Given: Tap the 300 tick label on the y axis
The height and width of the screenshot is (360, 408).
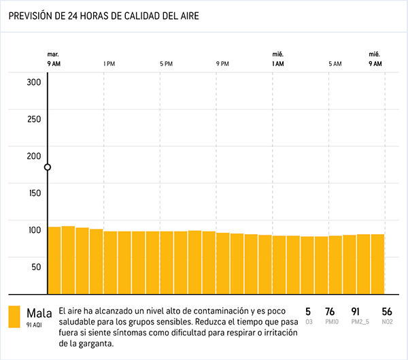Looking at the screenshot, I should click(34, 82).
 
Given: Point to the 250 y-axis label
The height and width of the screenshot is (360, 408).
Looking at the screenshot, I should click(34, 119).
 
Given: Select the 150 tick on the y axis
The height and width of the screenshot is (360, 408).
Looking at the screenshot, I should click(34, 193).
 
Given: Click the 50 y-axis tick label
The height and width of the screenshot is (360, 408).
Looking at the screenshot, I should click(36, 266).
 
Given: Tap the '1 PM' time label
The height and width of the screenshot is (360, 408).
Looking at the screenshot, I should click(108, 64).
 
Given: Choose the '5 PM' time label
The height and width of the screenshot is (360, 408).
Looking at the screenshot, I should click(166, 64).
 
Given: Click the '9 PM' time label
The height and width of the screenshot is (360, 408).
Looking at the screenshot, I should click(222, 64).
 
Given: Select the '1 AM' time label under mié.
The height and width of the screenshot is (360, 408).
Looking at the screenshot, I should click(277, 64).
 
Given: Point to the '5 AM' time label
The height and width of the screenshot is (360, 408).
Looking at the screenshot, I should click(335, 64).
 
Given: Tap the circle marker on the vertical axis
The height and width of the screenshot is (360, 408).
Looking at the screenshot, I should click(48, 167).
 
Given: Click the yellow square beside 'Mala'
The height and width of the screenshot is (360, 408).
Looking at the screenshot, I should click(14, 316).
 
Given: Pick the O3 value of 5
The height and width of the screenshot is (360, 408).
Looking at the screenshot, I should click(308, 312).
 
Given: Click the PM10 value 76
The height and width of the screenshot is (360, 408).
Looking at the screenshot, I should click(330, 312).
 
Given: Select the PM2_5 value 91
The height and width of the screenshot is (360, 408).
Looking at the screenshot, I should click(356, 312).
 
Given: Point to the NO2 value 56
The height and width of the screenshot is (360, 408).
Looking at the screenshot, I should click(387, 312).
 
